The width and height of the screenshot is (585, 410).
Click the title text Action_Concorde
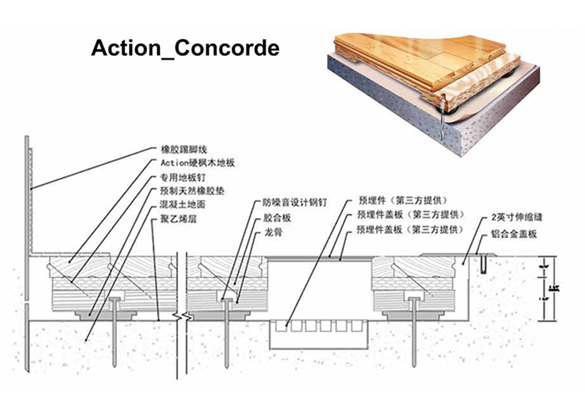[185, 49]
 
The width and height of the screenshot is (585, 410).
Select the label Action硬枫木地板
[192, 163]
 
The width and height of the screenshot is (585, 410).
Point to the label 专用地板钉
[183, 177]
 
